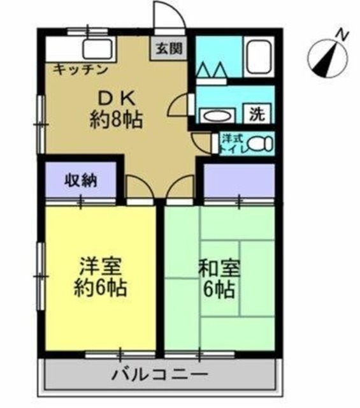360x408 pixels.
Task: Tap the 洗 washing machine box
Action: click(x=257, y=115)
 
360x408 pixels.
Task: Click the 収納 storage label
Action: click(x=80, y=180)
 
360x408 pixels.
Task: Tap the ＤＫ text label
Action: click(x=115, y=99)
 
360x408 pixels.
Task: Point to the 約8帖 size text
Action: click(x=115, y=118)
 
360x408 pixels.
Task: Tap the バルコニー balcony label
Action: click(x=161, y=373)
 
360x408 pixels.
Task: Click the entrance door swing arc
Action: click(x=171, y=18)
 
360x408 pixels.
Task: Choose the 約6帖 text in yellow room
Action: click(x=101, y=288)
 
